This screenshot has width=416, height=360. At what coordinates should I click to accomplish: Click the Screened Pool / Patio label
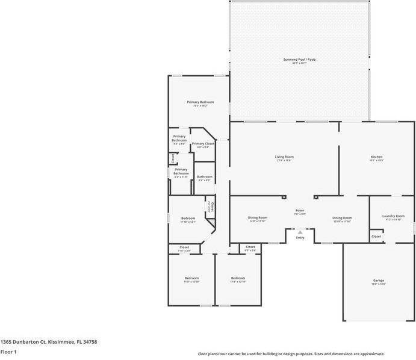[x=299, y=60]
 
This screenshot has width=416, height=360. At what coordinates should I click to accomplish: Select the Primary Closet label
[x=203, y=144]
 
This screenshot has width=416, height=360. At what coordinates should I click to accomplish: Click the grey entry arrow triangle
[x=300, y=232]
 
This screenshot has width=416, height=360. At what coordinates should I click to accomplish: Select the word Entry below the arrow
[x=300, y=238]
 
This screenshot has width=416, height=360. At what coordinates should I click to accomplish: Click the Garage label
[x=379, y=281]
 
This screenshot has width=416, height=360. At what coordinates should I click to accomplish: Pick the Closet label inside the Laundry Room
[x=376, y=237]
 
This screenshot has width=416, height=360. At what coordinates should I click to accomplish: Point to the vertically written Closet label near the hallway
[x=212, y=208]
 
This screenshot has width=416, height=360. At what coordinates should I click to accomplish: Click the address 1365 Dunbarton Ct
[x=48, y=341]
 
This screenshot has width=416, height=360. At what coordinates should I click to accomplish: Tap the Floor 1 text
[x=8, y=352]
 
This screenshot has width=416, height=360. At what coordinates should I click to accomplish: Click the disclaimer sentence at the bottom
[x=291, y=354]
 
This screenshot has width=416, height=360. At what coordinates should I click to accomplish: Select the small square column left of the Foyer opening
[x=285, y=196]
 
